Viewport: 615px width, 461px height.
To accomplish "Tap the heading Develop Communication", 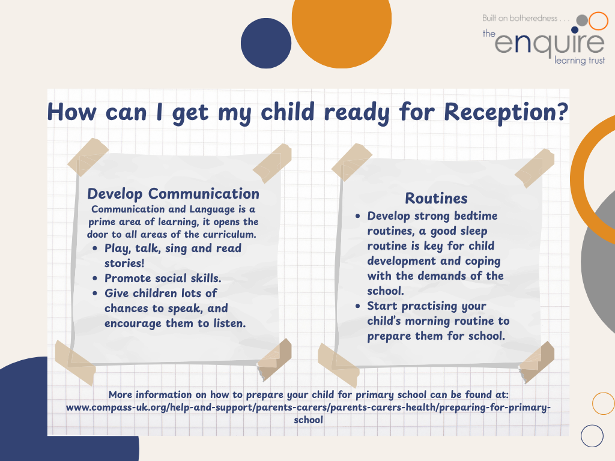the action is pos(173,194).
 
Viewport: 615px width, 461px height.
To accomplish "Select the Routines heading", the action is pos(436,198).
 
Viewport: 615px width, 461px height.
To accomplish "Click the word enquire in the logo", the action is pos(550,43).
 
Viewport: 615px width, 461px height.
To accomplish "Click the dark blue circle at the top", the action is pos(266,43).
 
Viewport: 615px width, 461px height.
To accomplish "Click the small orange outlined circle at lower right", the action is pos(603,403).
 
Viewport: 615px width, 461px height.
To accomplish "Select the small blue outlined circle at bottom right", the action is pos(592,436).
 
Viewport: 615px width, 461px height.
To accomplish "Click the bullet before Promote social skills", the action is pos(95,279).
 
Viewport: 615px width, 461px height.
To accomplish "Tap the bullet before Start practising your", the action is pos(358,306).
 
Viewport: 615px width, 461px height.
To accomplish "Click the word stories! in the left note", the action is pos(124,263).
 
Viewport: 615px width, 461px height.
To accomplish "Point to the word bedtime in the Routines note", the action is pos(476,216).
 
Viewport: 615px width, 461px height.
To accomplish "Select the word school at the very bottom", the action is pos(308,420).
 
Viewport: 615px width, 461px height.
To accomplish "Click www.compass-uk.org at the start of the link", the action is pos(117,408).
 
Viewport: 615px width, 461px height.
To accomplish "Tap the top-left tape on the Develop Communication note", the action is pos(88,157).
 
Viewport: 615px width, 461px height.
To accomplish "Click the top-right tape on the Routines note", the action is pos(535,168).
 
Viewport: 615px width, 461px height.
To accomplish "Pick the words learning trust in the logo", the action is pos(580,61).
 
